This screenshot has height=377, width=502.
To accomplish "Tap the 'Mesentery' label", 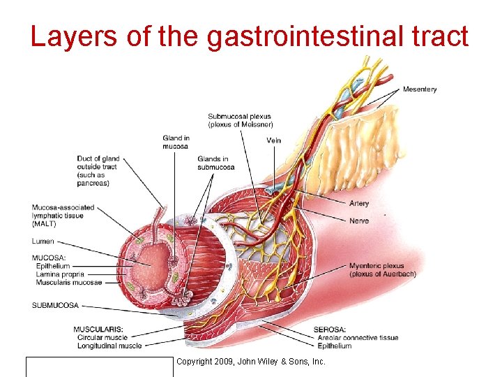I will [x=420, y=89].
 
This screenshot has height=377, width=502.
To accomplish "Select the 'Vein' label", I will [x=274, y=140].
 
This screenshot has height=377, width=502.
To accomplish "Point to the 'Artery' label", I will [x=359, y=204].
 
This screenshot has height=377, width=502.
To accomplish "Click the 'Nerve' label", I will [x=358, y=221].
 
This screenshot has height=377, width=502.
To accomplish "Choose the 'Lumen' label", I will [x=43, y=242].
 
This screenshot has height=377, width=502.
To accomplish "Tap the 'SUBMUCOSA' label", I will [x=55, y=305].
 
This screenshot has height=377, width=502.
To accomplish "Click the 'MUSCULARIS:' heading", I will [x=98, y=329].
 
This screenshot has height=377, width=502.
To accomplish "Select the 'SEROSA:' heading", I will [x=329, y=330].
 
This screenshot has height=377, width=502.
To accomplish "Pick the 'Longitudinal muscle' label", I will [x=109, y=346].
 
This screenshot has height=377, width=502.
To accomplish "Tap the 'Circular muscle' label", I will [x=102, y=337].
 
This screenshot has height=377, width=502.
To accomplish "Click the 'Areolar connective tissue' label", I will [x=356, y=338].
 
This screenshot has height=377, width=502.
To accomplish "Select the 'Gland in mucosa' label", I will [x=176, y=142].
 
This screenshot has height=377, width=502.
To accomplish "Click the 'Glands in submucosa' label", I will [x=213, y=163].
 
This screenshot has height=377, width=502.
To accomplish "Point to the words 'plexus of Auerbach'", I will [x=383, y=274].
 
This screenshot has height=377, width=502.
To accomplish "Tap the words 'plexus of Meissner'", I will [x=241, y=124].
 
